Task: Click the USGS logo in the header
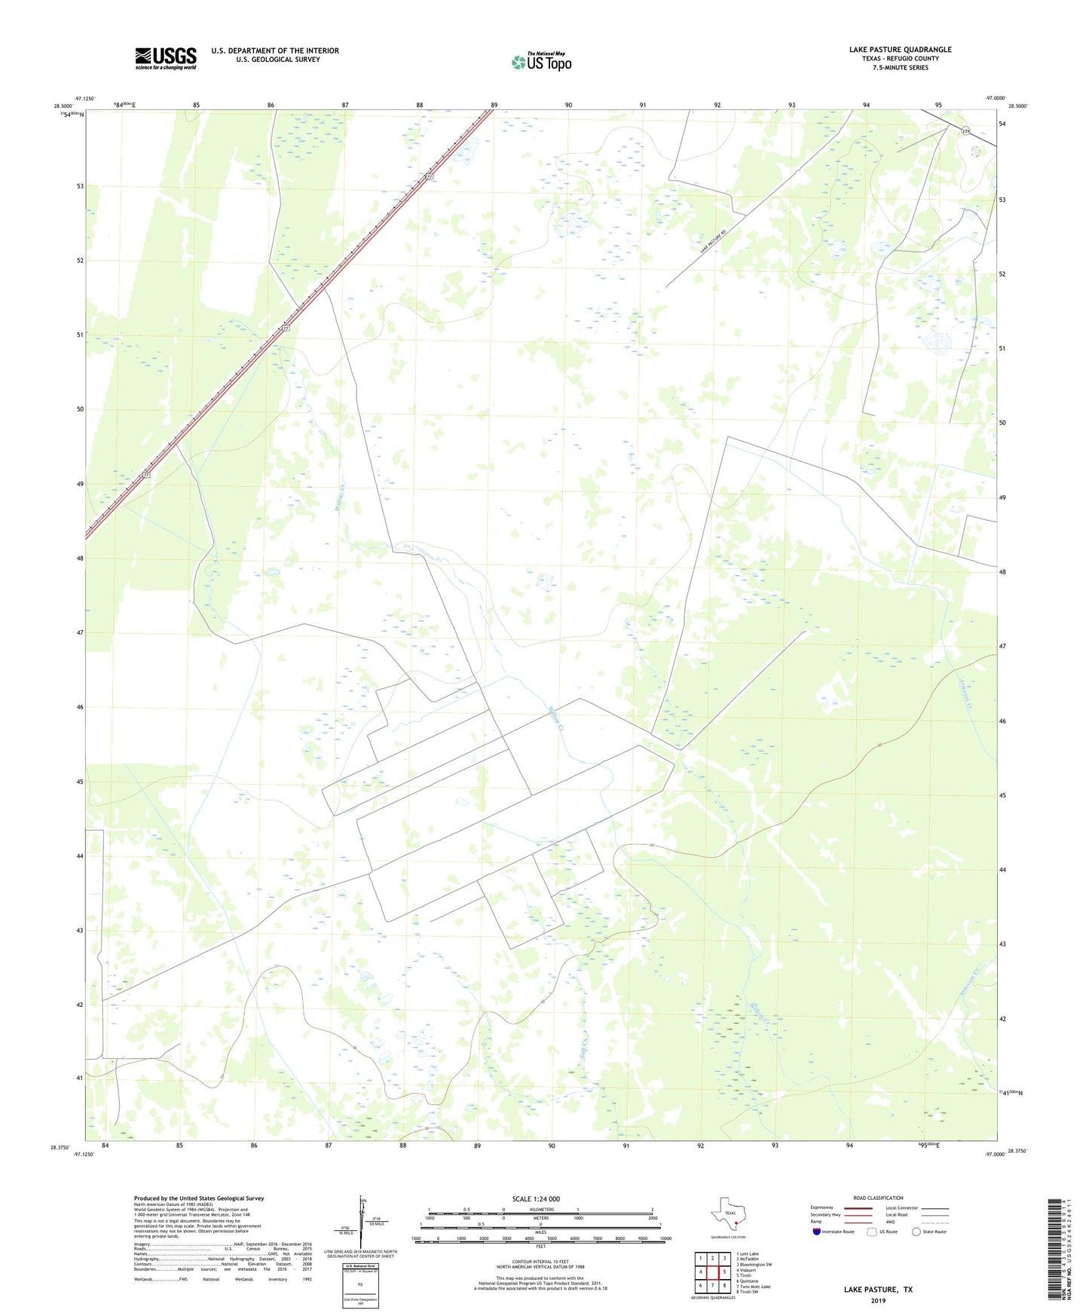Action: (x=166, y=58)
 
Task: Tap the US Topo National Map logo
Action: (x=541, y=61)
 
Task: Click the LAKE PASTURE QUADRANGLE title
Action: (x=900, y=50)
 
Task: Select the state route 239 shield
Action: (x=965, y=131)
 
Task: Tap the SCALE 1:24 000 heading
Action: (x=536, y=1198)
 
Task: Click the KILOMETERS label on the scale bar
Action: (x=541, y=1209)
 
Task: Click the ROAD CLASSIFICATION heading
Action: (x=878, y=1198)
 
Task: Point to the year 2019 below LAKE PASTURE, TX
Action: (x=878, y=1301)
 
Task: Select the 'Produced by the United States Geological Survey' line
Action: (x=199, y=1198)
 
